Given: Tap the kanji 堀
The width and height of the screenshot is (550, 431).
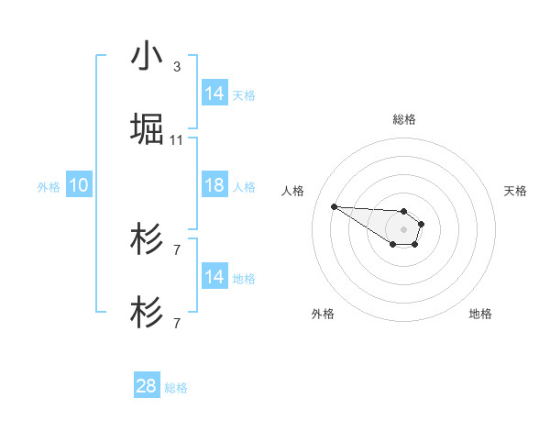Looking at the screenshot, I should [x=146, y=129].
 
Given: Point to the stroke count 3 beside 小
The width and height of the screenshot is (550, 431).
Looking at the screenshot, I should [x=177, y=66].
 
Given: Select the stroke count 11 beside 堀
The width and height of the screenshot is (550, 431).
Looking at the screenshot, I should [x=177, y=140].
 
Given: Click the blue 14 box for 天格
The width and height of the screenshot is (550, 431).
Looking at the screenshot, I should [x=214, y=93].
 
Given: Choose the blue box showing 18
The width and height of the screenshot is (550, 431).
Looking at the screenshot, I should [x=214, y=185].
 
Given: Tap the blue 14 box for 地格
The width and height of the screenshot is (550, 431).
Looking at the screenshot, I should [x=214, y=276].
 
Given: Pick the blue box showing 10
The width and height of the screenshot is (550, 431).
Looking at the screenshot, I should [x=79, y=185].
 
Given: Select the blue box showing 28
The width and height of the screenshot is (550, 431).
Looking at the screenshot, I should [x=147, y=386].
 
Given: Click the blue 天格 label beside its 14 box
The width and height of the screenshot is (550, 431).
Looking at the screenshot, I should [x=244, y=94].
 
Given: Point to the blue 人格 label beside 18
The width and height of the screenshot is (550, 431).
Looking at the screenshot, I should [x=244, y=186].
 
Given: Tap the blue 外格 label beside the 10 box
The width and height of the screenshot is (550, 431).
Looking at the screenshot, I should [x=49, y=186].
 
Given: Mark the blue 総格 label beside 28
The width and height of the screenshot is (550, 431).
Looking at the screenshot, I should [x=176, y=388].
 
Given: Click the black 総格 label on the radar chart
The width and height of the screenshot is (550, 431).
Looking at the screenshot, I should [x=404, y=119].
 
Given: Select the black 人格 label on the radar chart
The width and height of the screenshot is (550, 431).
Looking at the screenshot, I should [x=293, y=191].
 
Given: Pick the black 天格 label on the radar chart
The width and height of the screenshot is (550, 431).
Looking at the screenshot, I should [x=515, y=191].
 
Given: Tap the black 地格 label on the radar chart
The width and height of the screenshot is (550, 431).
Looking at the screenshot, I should [x=480, y=314].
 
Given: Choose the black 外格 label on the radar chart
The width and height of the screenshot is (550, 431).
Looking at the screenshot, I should [x=323, y=314].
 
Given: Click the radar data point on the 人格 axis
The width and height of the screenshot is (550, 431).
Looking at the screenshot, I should [x=334, y=206].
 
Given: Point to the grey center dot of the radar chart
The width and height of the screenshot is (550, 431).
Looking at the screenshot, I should [x=404, y=228].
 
